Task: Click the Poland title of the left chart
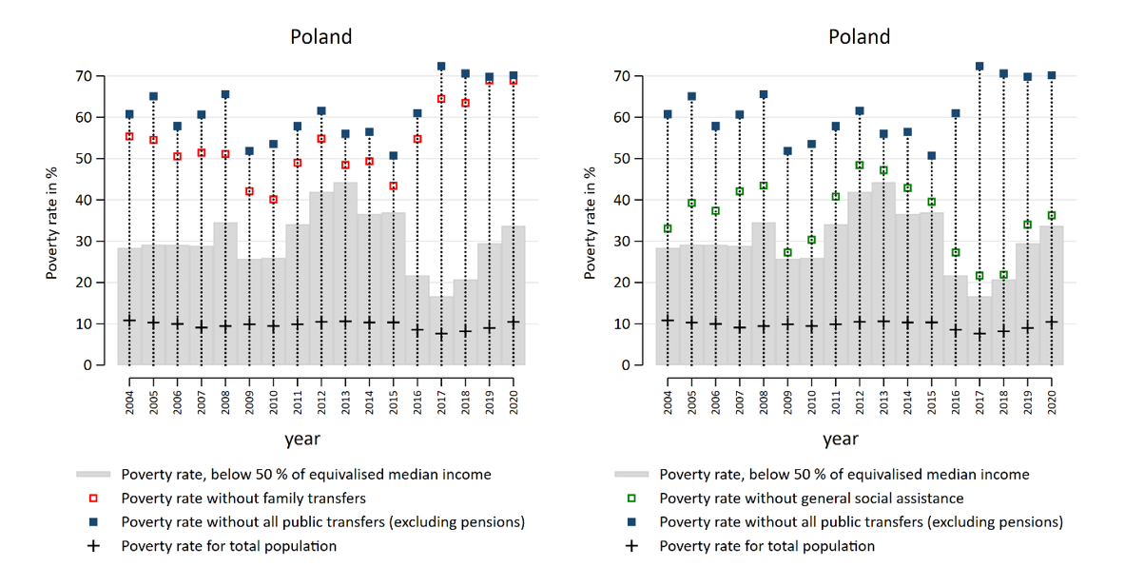coord(320,37)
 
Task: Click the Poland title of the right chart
coord(859,37)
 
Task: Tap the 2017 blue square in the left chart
coord(441,67)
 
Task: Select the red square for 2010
coord(273,200)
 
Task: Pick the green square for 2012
coord(859,166)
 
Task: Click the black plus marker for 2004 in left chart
coord(129,321)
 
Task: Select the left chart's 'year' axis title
coord(301,439)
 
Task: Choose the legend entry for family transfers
coord(243,498)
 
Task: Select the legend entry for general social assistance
coord(811,498)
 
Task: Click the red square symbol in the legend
coord(93,498)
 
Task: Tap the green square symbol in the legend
coord(631,498)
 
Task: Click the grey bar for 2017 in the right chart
coord(979,333)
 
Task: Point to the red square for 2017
coord(441,99)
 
